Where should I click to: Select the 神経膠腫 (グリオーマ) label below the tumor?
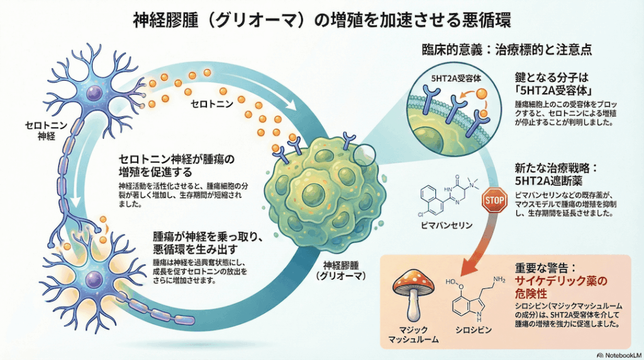coord(341,269)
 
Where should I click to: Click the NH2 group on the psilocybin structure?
coord(499,279)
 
